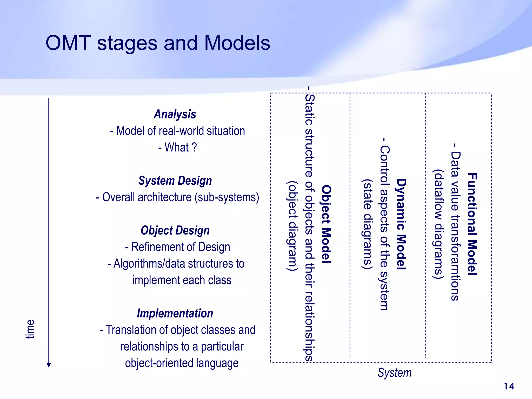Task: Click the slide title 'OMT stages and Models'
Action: (x=158, y=43)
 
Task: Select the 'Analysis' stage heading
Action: (x=175, y=114)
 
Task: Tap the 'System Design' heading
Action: (x=175, y=181)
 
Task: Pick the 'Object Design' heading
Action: (x=175, y=230)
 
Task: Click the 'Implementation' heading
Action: (x=175, y=313)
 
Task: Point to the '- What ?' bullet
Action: (x=177, y=147)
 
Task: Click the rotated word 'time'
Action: (x=30, y=329)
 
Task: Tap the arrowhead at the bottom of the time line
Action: (x=49, y=365)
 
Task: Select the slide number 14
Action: (x=509, y=386)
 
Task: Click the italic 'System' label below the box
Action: (x=394, y=373)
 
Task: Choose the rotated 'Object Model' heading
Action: (x=327, y=224)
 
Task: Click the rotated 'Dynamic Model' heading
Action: (x=401, y=224)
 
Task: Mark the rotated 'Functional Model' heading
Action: (x=472, y=224)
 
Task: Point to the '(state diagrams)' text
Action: (x=367, y=224)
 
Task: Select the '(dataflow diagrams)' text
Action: (x=438, y=224)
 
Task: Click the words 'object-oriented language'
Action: (x=182, y=363)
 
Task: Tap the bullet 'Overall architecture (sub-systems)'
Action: (x=177, y=197)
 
